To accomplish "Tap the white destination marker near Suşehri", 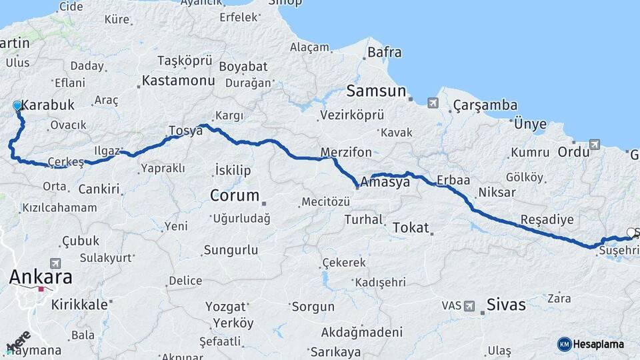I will [x=631, y=233].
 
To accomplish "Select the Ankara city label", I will [x=41, y=277].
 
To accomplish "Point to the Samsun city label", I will [x=377, y=91].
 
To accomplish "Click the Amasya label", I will [x=385, y=182].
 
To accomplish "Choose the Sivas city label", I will [x=506, y=305].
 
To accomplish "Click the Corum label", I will [x=234, y=195].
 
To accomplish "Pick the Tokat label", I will [x=411, y=227].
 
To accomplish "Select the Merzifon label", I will [x=346, y=153].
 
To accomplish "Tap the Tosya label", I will [x=185, y=131].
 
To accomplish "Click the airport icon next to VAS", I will [x=471, y=305].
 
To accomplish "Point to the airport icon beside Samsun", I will [x=433, y=103].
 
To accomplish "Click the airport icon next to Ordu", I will [x=595, y=144].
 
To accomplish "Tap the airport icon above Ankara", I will [x=55, y=264].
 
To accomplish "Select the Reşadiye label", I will [x=547, y=219].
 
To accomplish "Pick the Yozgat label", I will [x=230, y=307].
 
